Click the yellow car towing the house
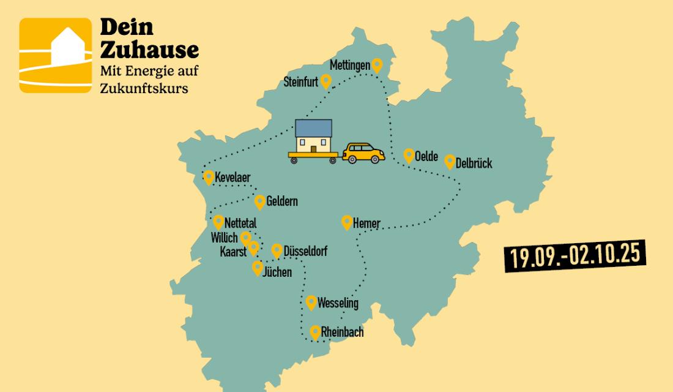pyautogui.click(x=363, y=153)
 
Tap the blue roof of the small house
pyautogui.click(x=313, y=128)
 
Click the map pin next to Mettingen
pyautogui.click(x=377, y=65)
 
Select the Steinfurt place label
pyautogui.click(x=301, y=82)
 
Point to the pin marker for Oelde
pyautogui.click(x=409, y=156)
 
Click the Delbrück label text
pyautogui.click(x=474, y=164)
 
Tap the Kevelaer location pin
pyautogui.click(x=209, y=177)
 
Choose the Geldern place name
pyautogui.click(x=282, y=202)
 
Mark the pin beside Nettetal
pyautogui.click(x=218, y=222)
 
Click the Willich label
pyautogui.click(x=224, y=237)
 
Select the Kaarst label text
pyautogui.click(x=233, y=251)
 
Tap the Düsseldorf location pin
pyautogui.click(x=277, y=251)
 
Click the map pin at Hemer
pyautogui.click(x=347, y=222)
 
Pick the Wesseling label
pyautogui.click(x=338, y=303)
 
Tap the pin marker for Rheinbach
pyautogui.click(x=315, y=333)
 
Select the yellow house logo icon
pyautogui.click(x=56, y=55)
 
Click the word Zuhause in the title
pyautogui.click(x=149, y=50)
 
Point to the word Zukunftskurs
pyautogui.click(x=144, y=88)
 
